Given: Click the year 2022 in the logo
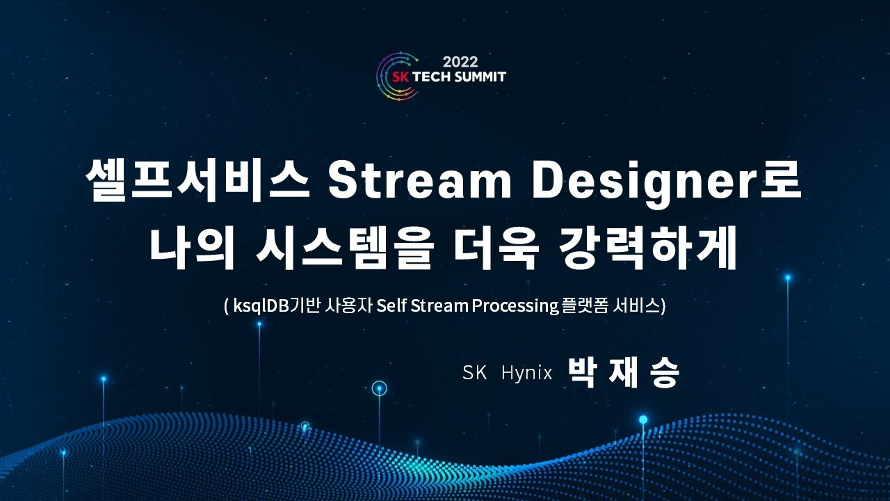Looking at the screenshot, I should point(459,61).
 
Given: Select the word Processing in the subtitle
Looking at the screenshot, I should point(515,305).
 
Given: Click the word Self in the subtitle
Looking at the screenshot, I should point(391,305).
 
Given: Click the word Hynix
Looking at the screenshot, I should point(526,373).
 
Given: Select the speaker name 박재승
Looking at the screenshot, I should point(623,372).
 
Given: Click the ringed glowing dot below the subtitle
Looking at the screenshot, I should point(379,388).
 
